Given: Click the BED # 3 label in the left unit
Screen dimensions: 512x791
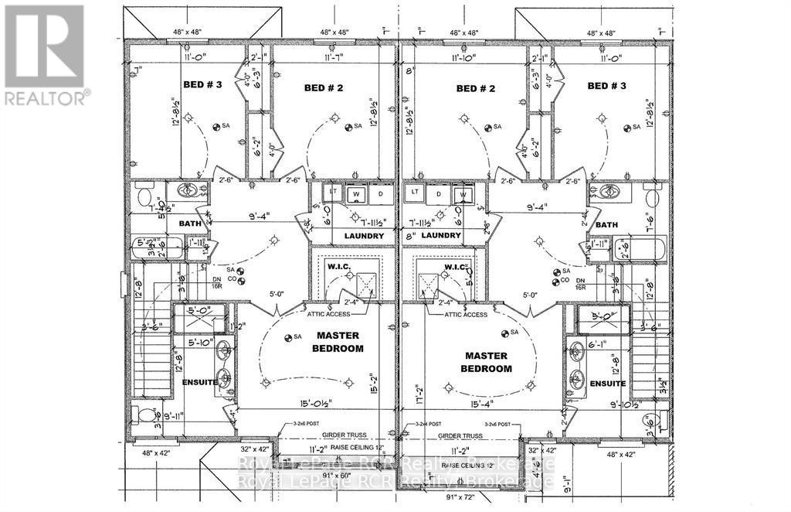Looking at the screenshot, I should point(202,85).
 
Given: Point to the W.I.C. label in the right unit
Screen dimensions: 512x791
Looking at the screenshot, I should point(453,267).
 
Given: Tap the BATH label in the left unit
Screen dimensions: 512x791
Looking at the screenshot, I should point(189,224).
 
